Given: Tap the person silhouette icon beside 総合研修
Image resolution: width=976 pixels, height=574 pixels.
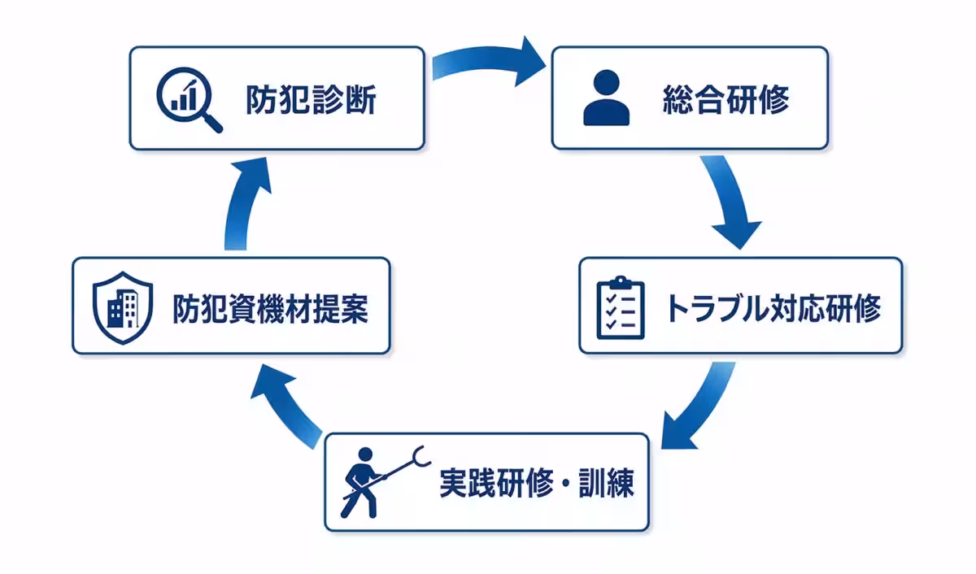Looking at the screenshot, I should (x=606, y=98).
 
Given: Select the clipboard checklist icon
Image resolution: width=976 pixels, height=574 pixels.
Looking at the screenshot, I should (x=620, y=307).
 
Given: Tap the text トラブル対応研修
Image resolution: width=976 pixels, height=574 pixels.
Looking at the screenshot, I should (x=773, y=307).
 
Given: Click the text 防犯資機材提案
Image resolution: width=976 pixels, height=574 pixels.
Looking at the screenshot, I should (x=270, y=307).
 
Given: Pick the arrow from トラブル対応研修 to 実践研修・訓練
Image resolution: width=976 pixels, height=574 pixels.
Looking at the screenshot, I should (x=696, y=407).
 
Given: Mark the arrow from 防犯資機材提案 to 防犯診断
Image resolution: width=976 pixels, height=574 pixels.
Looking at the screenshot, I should (x=243, y=203).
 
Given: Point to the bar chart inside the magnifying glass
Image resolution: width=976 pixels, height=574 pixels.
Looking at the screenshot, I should (x=183, y=93).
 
